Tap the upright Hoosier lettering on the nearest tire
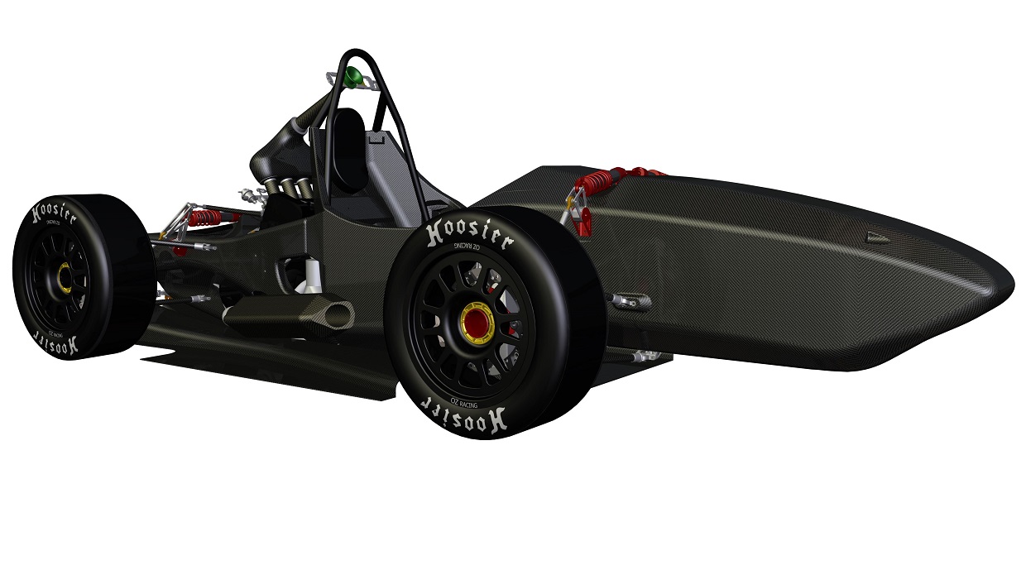click(470, 234)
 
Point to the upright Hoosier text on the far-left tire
click(54, 213)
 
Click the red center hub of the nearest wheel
click(477, 318)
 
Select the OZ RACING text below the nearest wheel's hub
click(464, 404)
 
